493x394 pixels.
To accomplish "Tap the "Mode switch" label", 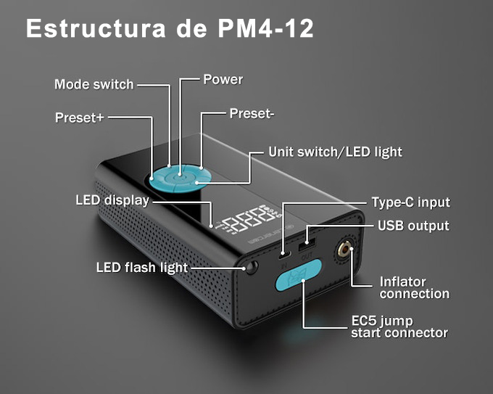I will coord(94,84).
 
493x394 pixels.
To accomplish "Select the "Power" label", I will coord(223,79).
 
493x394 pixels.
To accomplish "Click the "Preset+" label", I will coord(79,118).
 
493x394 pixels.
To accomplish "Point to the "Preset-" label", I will coord(252,113).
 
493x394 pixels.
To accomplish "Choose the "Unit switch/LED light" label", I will coord(335,152).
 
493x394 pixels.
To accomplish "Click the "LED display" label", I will coord(112,200).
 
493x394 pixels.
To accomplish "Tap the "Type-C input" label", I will coord(410,202).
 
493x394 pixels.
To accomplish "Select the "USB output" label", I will coord(413,226).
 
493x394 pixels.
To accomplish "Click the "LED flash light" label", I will coord(141,268).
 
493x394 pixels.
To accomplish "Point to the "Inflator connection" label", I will coord(414,287).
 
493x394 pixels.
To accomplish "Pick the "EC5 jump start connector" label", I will coord(399,327).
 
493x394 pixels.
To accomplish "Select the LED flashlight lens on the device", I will coord(252,268).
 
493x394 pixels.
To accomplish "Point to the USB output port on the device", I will coord(304,237).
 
